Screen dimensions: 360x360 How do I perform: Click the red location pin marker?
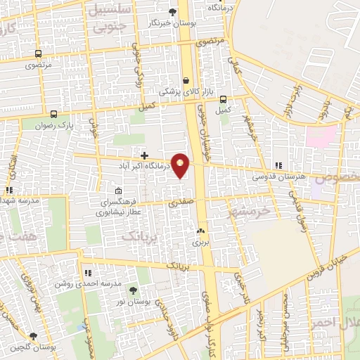point(181,165)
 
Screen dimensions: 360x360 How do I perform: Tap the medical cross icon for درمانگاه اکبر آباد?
point(144,155)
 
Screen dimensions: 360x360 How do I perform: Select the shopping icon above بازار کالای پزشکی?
point(186,80)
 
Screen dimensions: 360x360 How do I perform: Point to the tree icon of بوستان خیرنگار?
point(172,11)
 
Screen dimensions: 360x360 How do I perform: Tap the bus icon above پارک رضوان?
point(55,114)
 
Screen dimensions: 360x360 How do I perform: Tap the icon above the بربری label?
point(201,231)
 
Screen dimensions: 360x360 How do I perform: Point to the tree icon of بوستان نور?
point(134,289)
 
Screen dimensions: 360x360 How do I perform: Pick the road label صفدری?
point(180,202)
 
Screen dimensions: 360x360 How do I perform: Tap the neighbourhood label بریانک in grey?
point(138,238)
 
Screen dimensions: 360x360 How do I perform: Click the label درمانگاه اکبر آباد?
point(146,167)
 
